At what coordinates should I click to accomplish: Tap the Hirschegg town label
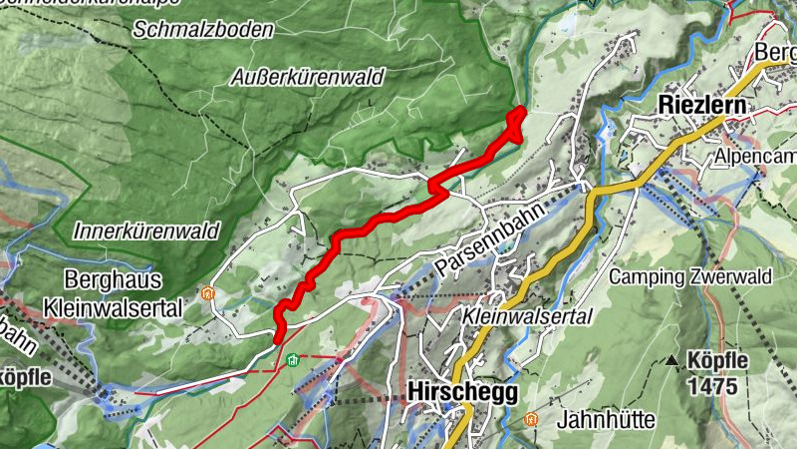[x=462, y=393]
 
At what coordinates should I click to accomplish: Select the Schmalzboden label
[x=204, y=30]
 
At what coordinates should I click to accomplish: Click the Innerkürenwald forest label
[x=145, y=230]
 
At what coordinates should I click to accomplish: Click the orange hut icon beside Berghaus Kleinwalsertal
[x=207, y=294]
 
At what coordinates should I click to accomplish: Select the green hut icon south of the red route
[x=292, y=360]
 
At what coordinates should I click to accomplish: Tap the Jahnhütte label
[x=606, y=419]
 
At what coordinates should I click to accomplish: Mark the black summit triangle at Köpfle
[x=673, y=360]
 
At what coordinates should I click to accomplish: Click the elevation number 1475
[x=715, y=383]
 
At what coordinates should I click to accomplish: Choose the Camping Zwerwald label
[x=679, y=276]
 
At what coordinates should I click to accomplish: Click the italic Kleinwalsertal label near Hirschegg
[x=528, y=316]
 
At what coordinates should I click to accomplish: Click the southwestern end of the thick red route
[x=278, y=339]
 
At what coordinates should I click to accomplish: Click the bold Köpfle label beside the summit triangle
[x=716, y=360]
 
